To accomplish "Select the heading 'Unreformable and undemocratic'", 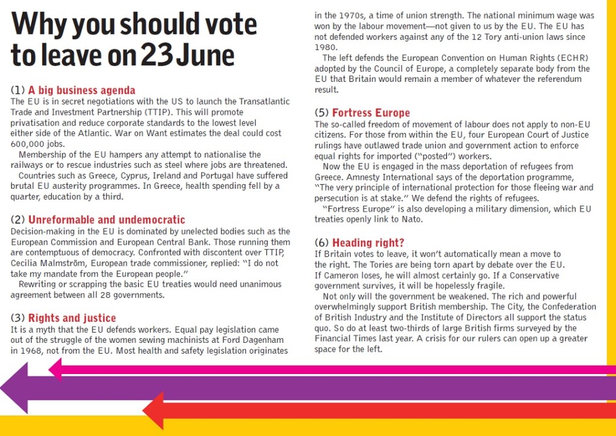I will tap(106, 220).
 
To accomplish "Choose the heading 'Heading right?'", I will tap(368, 242).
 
